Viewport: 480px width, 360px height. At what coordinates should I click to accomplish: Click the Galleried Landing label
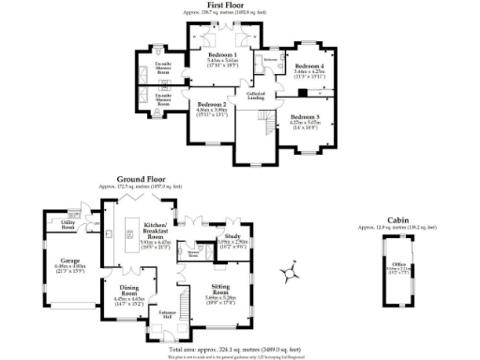coord(254,96)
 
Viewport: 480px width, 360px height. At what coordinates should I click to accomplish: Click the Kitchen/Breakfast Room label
coord(156,231)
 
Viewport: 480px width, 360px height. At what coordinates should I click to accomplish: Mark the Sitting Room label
coord(220,293)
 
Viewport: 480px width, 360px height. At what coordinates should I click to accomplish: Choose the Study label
coord(232,237)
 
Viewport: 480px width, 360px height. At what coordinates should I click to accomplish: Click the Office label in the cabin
coord(397,265)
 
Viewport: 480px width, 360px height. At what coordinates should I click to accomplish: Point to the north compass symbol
coord(286,274)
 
